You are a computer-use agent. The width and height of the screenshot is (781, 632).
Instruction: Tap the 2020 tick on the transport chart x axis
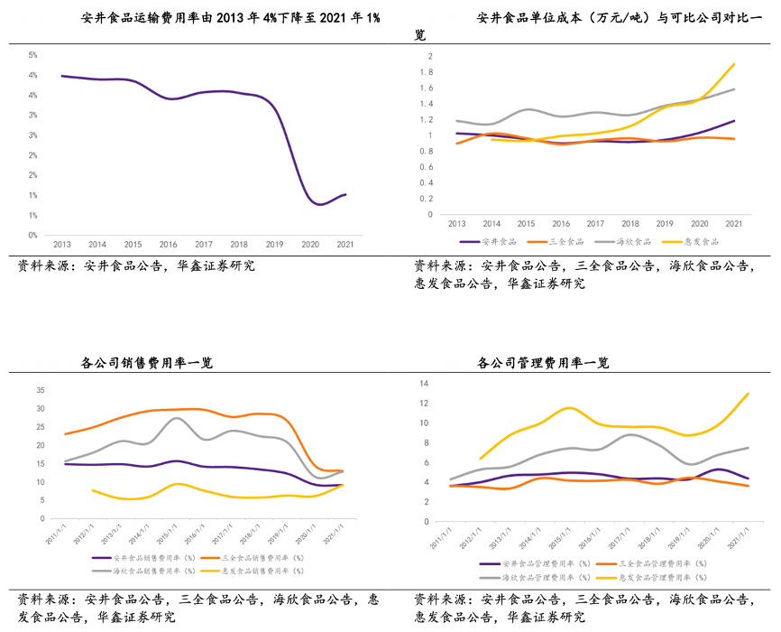coord(309,245)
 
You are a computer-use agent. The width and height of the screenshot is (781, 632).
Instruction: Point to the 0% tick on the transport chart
coord(32,236)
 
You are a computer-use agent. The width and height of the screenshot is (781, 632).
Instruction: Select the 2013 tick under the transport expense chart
coord(62,245)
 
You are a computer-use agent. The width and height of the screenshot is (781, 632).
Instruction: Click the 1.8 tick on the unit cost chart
coord(430,72)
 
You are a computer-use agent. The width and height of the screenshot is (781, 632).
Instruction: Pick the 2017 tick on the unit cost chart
coord(595,223)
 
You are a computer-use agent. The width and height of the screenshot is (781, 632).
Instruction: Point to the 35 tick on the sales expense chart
coord(41,390)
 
